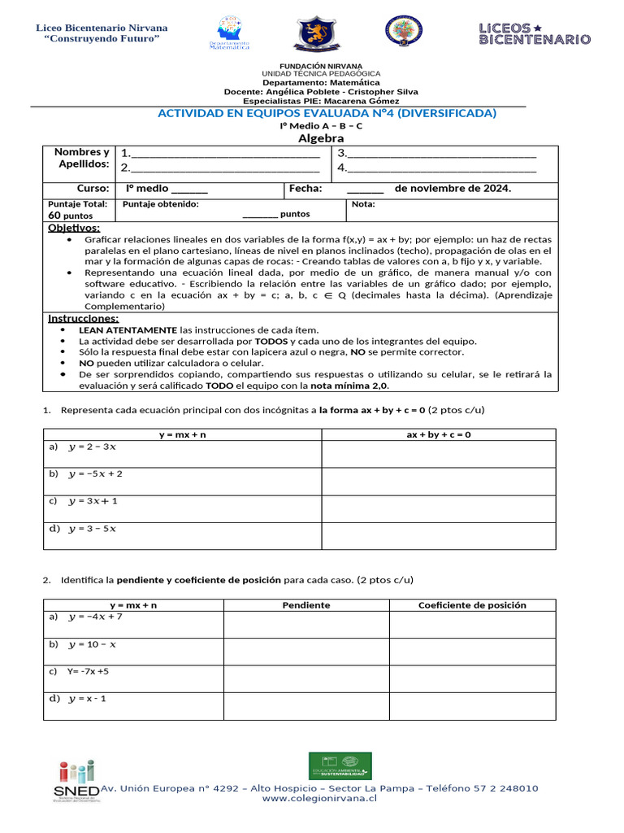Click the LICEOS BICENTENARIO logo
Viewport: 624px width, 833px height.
coord(534,33)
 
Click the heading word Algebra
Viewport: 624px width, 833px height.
coord(321,138)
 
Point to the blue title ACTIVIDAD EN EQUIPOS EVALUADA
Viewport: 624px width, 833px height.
coord(327,113)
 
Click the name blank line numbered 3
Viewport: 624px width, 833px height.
coord(442,153)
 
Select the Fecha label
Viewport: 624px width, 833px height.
coord(305,189)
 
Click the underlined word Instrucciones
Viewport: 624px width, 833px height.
coord(83,318)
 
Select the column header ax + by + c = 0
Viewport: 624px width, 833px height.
coord(439,434)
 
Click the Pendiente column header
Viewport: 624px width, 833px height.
coord(305,605)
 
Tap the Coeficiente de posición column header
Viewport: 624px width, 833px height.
coord(472,605)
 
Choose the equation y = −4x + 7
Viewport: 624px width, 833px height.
coord(95,617)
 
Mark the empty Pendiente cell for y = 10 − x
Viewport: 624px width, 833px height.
coord(305,652)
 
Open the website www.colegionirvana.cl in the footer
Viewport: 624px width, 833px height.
coord(319,799)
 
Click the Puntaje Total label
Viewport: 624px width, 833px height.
coord(77,204)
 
